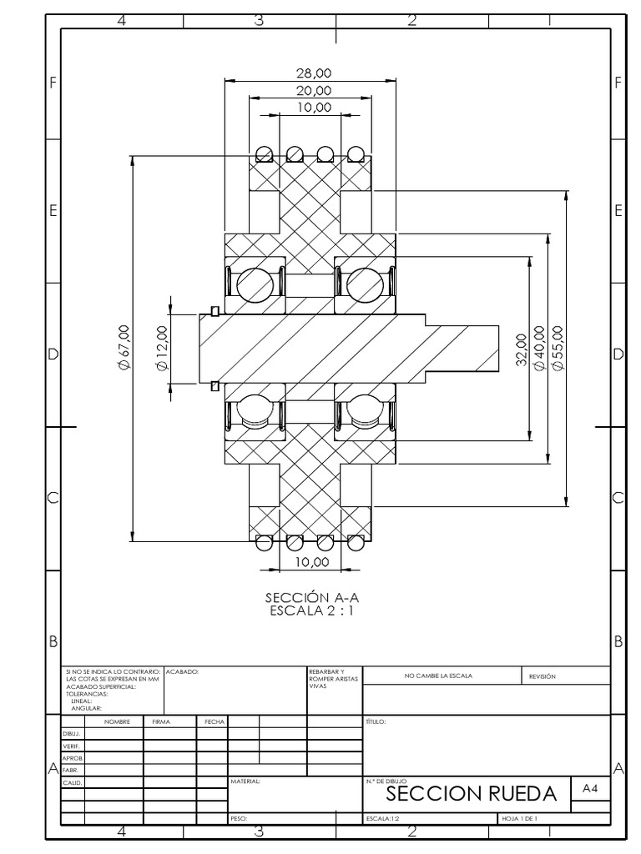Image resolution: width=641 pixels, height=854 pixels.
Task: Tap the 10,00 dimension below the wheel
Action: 310,563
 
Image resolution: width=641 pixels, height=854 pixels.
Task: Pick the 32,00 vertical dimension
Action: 521,349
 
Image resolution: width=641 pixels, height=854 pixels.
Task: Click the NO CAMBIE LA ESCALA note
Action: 443,676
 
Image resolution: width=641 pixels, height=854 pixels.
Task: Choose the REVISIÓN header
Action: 542,676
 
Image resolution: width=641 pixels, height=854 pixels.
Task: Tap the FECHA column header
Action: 211,721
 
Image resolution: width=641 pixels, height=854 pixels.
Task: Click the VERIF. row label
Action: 71,745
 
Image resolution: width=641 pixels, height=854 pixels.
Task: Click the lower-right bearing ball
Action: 365,409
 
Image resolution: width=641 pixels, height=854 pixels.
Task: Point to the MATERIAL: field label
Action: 245,782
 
